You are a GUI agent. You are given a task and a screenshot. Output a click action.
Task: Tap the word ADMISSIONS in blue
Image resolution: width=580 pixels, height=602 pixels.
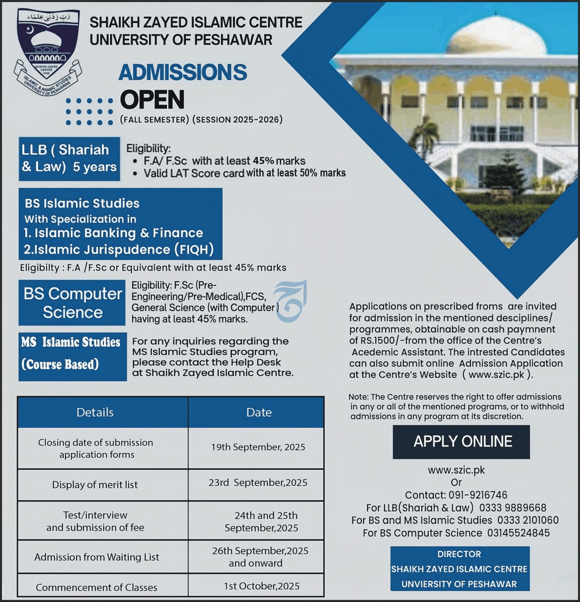[x=183, y=72]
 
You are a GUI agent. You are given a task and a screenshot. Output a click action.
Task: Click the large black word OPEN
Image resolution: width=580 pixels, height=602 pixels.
[x=152, y=100]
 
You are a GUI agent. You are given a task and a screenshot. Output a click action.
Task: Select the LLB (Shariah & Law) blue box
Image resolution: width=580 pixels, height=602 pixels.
[x=69, y=158]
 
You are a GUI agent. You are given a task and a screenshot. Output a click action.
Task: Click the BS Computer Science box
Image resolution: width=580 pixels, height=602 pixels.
[x=72, y=303]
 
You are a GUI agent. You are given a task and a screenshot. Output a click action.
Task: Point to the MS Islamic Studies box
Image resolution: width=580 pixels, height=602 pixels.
[x=72, y=356]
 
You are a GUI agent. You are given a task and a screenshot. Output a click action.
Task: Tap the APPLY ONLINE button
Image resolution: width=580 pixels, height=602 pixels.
[x=461, y=441]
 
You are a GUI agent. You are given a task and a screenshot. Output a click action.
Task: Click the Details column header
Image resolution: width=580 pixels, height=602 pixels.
[x=95, y=412]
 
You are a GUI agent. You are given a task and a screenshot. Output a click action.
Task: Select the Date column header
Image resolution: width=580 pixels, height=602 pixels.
[x=259, y=412]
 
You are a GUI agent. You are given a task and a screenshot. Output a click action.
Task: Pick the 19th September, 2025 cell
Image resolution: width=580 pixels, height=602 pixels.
[x=258, y=447]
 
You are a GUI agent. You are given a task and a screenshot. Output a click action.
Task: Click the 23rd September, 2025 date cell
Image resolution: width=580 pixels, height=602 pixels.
[x=258, y=482]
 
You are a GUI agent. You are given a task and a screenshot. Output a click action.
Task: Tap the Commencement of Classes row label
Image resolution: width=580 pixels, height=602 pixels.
[x=96, y=587]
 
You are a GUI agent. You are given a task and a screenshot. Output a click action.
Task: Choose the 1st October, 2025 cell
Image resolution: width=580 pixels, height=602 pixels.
[x=261, y=586]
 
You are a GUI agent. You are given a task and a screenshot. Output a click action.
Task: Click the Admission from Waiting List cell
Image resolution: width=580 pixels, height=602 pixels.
[x=96, y=557]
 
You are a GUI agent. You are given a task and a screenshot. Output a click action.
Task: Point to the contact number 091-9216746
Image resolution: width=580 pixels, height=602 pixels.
[x=478, y=495]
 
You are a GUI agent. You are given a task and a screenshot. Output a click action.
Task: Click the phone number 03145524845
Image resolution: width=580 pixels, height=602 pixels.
[x=518, y=533]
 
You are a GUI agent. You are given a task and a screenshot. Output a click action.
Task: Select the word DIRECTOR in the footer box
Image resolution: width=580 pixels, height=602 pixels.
[x=459, y=554]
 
